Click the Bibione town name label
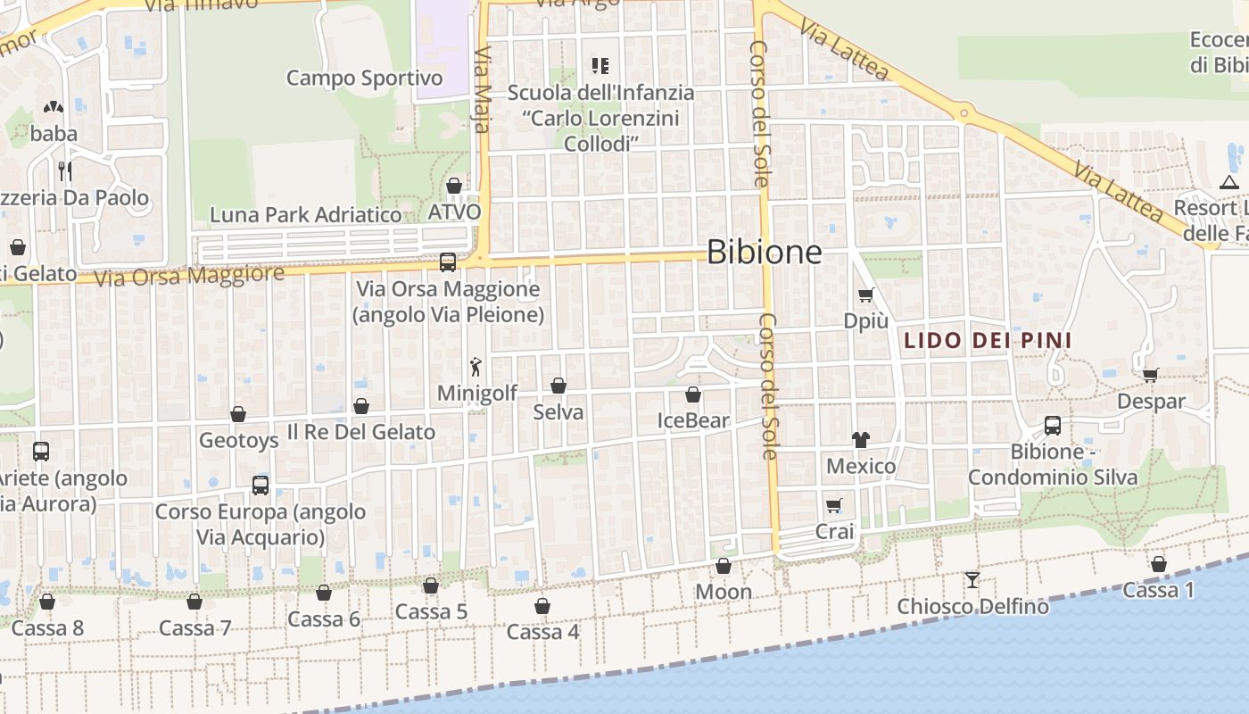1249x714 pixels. click(x=764, y=253)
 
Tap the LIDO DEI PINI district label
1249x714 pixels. click(x=988, y=340)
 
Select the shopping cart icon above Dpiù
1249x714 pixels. click(x=865, y=295)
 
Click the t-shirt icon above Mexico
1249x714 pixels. click(x=861, y=439)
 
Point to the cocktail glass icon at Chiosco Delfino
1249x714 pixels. click(x=972, y=580)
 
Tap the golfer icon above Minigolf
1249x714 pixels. click(x=476, y=366)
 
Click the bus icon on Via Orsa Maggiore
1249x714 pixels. click(x=448, y=262)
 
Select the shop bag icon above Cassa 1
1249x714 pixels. click(x=1158, y=564)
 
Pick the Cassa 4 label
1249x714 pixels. click(x=542, y=632)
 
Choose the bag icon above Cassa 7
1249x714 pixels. click(x=194, y=602)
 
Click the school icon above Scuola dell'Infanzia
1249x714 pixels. click(x=600, y=65)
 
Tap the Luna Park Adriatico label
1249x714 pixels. click(x=305, y=215)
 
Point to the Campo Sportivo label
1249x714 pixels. click(x=364, y=79)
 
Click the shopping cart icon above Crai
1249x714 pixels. click(x=834, y=506)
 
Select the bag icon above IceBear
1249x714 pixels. click(x=693, y=394)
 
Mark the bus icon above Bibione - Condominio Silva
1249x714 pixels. click(x=1053, y=425)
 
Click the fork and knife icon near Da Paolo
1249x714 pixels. click(x=64, y=170)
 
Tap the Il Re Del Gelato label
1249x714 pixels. click(x=360, y=432)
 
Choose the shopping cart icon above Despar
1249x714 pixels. click(x=1151, y=376)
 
